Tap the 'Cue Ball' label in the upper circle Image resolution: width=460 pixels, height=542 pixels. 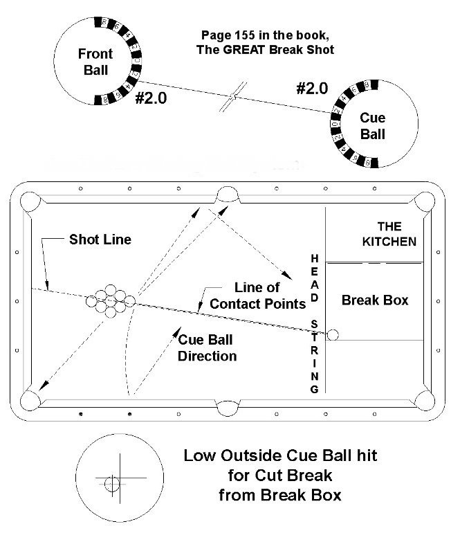click(x=373, y=126)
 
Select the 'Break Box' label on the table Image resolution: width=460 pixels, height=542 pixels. click(x=376, y=300)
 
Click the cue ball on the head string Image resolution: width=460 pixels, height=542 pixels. click(x=333, y=335)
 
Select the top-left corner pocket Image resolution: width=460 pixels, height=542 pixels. click(x=30, y=202)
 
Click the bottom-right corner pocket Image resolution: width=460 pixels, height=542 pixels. click(x=422, y=400)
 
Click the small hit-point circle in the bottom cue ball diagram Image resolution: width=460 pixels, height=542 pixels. click(x=111, y=484)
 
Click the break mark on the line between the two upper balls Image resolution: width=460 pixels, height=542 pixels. click(x=236, y=96)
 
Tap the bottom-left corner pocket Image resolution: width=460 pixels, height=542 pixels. click(x=32, y=400)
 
